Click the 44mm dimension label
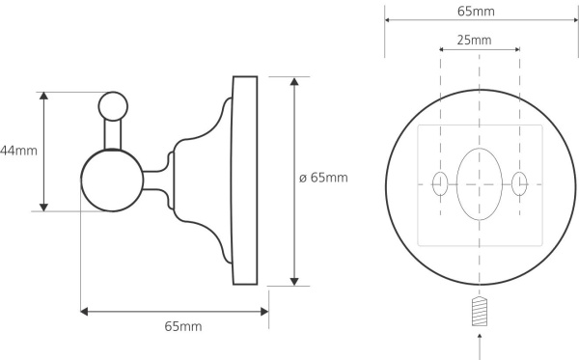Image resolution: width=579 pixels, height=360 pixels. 18,151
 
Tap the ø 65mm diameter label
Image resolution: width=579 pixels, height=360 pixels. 323,178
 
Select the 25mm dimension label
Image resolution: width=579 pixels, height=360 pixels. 474,40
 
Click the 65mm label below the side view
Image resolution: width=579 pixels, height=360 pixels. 183,326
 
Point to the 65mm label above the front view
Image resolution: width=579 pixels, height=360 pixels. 476,12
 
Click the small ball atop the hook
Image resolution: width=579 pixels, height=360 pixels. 113,106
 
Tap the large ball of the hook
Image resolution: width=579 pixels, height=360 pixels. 112,180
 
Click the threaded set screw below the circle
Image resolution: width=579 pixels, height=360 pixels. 480,312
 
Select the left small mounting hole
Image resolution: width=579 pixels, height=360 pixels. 440,183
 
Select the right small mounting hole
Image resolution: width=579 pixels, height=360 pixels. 519,183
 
